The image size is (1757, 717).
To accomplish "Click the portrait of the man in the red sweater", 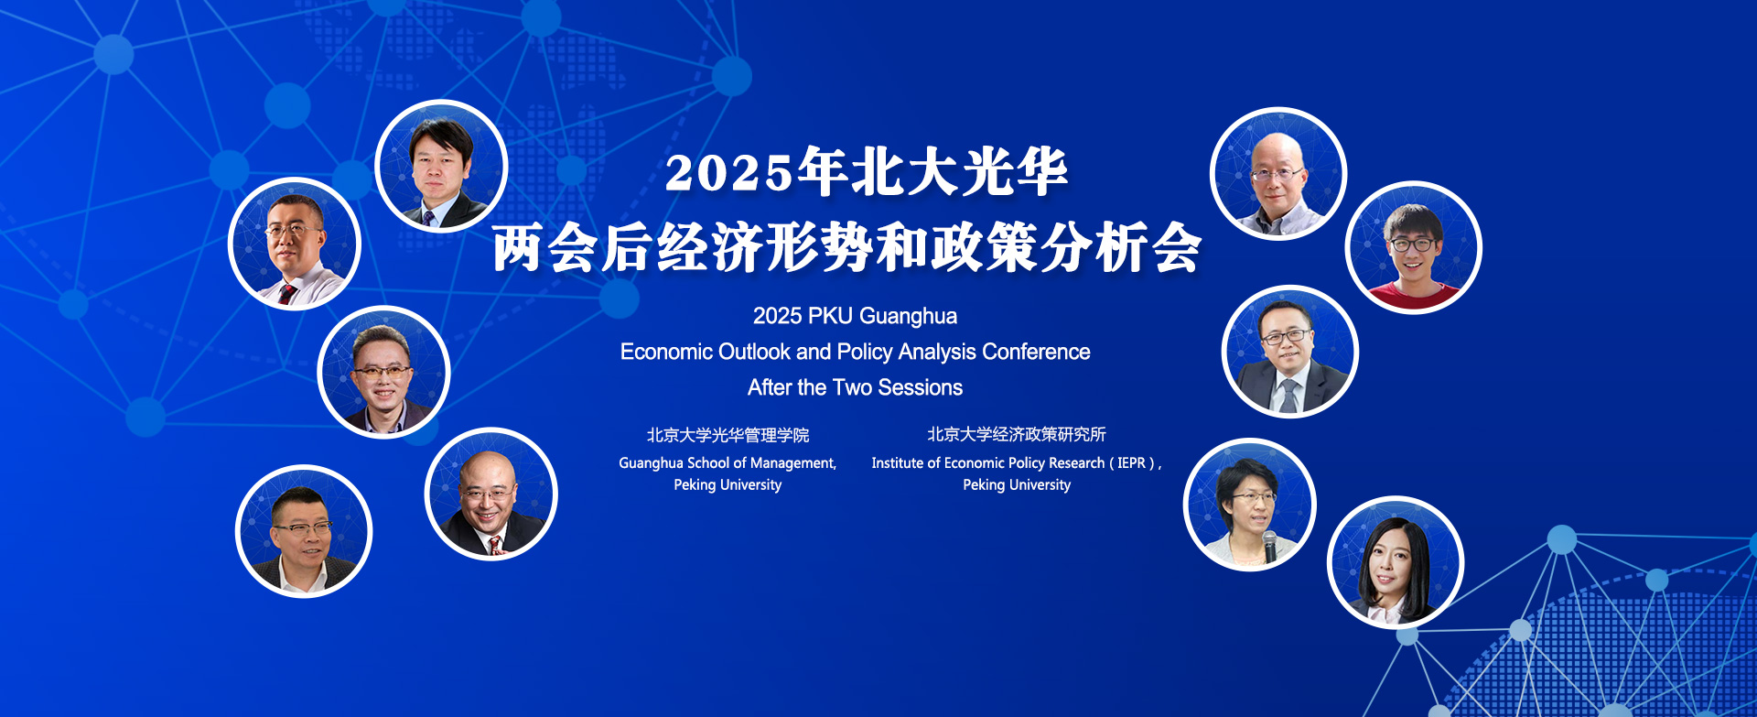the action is pyautogui.click(x=1413, y=248).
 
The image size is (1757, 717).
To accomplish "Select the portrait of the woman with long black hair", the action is pyautogui.click(x=1396, y=562).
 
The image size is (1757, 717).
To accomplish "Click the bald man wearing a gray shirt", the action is pyautogui.click(x=1278, y=174).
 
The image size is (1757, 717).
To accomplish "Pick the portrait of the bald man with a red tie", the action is pyautogui.click(x=491, y=494).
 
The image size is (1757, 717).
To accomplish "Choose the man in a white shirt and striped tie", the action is pyautogui.click(x=295, y=244).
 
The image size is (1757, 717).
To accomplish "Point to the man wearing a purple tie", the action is pyautogui.click(x=441, y=166).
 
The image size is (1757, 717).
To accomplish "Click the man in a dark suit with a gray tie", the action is pyautogui.click(x=1290, y=352).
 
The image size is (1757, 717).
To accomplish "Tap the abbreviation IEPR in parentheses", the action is pyautogui.click(x=1131, y=462).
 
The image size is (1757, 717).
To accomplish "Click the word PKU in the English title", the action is pyautogui.click(x=831, y=316).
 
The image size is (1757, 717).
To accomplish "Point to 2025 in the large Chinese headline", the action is pyautogui.click(x=728, y=173).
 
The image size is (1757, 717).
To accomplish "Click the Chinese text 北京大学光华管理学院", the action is pyautogui.click(x=728, y=435).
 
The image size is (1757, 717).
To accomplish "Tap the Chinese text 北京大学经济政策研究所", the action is pyautogui.click(x=1017, y=434).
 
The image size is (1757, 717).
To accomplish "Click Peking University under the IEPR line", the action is pyautogui.click(x=1017, y=485).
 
